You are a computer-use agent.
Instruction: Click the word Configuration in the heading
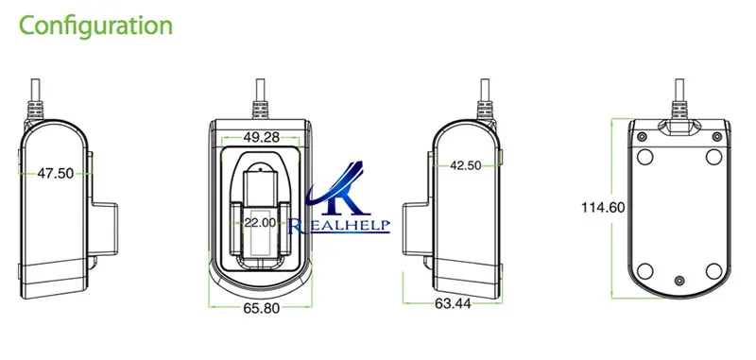(95, 26)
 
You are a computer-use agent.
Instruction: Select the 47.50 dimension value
(56, 174)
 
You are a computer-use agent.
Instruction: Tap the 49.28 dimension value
(262, 137)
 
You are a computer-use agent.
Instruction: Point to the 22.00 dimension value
(259, 223)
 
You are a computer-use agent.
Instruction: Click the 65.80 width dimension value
(262, 308)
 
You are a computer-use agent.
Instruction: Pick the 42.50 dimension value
(465, 165)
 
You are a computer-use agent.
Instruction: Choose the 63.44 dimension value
(453, 303)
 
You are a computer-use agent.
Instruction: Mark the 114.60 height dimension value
(603, 208)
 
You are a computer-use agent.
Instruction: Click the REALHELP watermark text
(339, 226)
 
